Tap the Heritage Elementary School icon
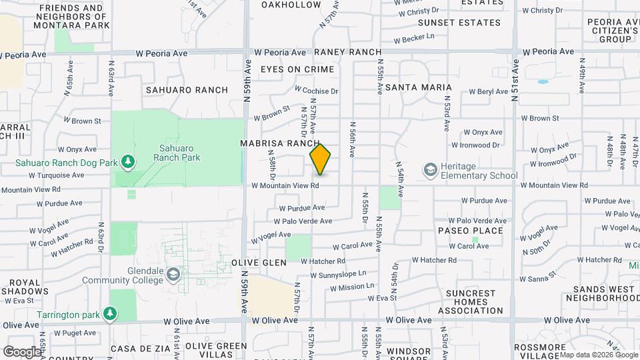(430, 171)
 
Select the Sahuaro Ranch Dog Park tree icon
(127, 162)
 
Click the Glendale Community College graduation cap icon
(174, 275)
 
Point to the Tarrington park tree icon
(110, 313)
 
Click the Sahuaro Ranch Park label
(177, 153)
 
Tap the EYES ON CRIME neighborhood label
(297, 69)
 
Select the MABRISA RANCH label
(281, 143)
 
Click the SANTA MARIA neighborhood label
(419, 87)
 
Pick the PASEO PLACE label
(470, 231)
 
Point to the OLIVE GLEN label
(259, 263)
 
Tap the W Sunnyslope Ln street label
(338, 273)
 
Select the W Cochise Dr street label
(317, 91)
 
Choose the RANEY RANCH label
(347, 52)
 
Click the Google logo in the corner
(21, 351)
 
